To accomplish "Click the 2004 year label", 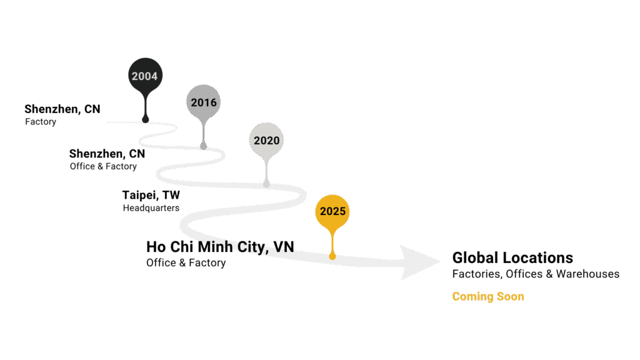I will [144, 76].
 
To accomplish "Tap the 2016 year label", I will [204, 102].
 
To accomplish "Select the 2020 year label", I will [266, 141].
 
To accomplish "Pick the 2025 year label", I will [332, 211].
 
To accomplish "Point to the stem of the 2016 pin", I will [204, 131].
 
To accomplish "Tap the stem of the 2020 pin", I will [266, 169].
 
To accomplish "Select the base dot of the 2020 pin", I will [266, 184].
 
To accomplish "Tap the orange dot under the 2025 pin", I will [332, 256].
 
